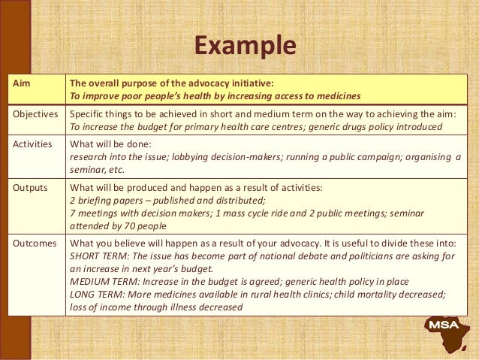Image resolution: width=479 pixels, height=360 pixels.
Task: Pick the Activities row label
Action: [33, 144]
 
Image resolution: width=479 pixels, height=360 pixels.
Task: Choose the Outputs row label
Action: [31, 188]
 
